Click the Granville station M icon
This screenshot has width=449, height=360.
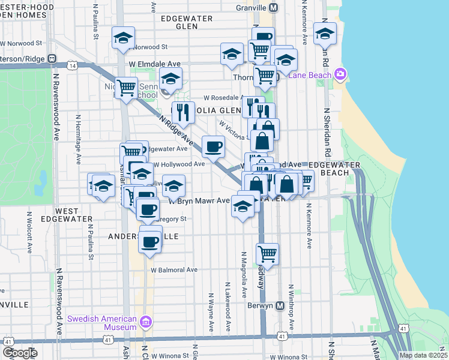click(274, 7)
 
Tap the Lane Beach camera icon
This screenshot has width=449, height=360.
click(341, 74)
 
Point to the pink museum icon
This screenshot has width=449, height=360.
click(145, 323)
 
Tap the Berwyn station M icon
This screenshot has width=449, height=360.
click(280, 305)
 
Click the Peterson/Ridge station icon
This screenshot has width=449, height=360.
click(52, 59)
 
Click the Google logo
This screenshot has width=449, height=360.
click(20, 353)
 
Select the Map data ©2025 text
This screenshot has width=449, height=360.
click(424, 355)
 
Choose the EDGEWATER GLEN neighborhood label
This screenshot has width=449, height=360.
click(187, 22)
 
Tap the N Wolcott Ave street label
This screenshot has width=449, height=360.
click(29, 231)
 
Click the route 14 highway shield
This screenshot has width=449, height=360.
click(72, 65)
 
